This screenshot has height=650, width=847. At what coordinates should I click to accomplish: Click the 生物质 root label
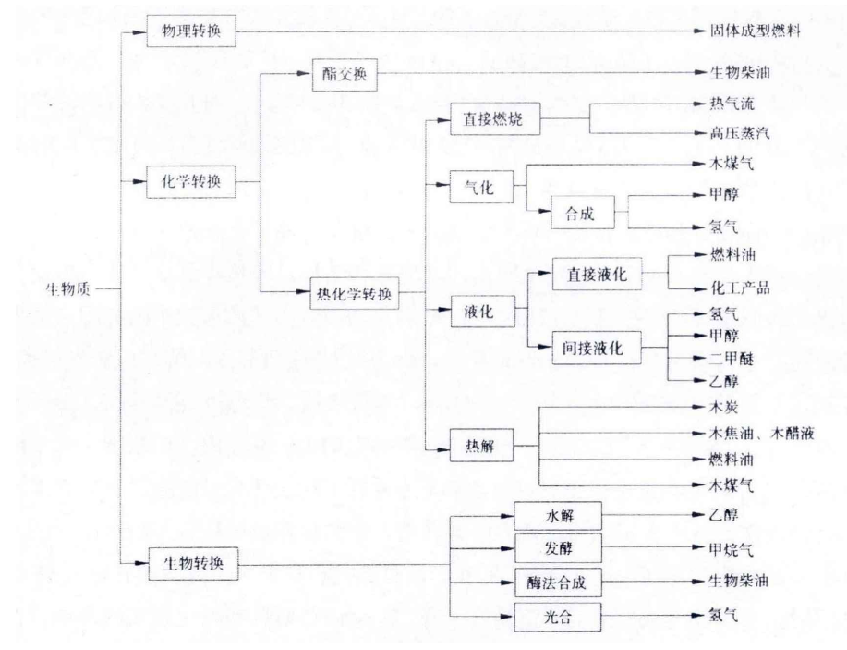pos(67,289)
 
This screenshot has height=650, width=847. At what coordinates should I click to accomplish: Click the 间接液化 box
pos(596,349)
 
